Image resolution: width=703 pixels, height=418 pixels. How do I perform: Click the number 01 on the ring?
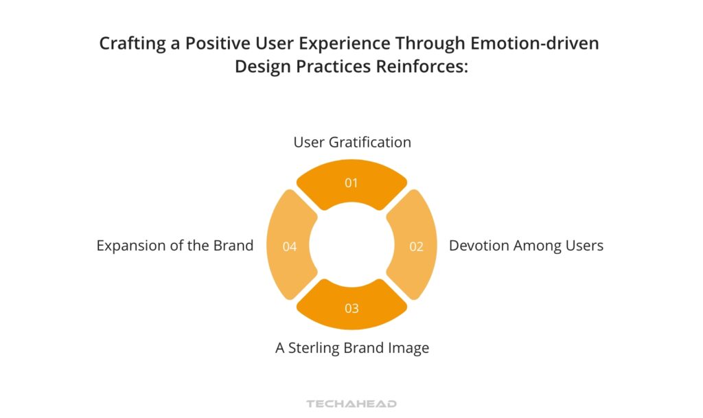(351, 183)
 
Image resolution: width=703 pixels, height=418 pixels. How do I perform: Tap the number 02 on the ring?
(417, 246)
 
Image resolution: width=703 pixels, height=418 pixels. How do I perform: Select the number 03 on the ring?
(351, 308)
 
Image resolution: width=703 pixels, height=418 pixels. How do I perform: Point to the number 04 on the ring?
(290, 246)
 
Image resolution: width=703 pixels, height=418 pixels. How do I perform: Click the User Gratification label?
(352, 142)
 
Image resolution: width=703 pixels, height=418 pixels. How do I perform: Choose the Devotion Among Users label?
(526, 246)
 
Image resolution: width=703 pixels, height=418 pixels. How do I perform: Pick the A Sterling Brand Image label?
(352, 348)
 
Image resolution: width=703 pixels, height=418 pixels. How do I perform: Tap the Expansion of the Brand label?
(175, 246)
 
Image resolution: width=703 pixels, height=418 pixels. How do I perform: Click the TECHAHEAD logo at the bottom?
(351, 404)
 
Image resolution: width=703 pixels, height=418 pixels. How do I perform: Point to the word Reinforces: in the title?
(422, 67)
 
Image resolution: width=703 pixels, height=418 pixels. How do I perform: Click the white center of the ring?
(351, 246)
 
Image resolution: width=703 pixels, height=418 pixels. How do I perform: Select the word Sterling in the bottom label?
(315, 348)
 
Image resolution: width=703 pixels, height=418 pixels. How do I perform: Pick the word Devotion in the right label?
(479, 246)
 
